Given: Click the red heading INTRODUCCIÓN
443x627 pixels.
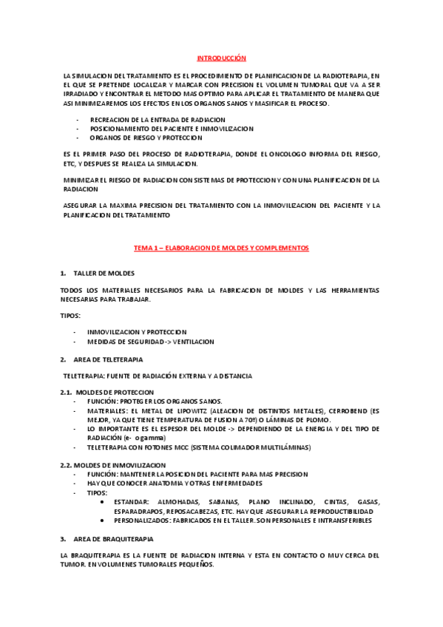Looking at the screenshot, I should pyautogui.click(x=220, y=58).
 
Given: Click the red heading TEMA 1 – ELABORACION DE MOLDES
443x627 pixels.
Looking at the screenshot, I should pyautogui.click(x=220, y=248).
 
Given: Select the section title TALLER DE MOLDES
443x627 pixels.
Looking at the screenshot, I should pyautogui.click(x=104, y=273).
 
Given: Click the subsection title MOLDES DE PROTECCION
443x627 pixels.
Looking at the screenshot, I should pyautogui.click(x=115, y=392).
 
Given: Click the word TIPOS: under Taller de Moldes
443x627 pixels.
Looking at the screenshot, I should pyautogui.click(x=71, y=315).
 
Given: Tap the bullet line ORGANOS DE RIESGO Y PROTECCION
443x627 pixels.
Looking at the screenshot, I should pyautogui.click(x=146, y=138).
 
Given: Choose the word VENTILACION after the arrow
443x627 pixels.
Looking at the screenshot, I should pyautogui.click(x=193, y=342).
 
